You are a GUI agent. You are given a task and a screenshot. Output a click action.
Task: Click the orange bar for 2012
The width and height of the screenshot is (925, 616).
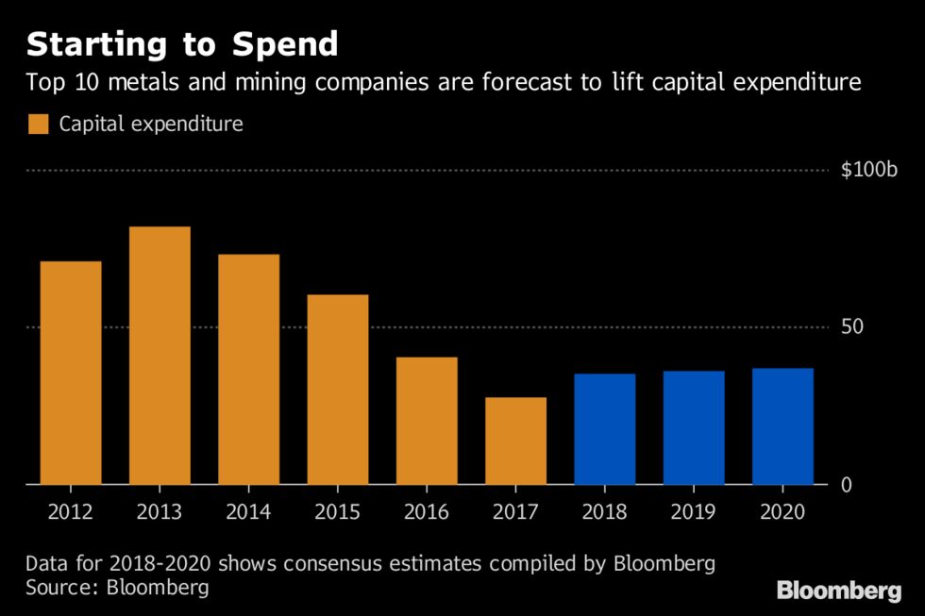tap(71, 373)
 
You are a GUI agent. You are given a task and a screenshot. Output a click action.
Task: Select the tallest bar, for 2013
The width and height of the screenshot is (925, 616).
tap(160, 356)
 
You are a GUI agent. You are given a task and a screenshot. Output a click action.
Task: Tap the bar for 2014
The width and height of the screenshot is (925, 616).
tap(248, 369)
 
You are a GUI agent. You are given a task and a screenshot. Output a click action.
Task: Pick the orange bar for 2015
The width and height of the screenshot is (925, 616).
tap(338, 390)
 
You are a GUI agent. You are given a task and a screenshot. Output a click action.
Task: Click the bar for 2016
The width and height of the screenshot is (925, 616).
tap(427, 421)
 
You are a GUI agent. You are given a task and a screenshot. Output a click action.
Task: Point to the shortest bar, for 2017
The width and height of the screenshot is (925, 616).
tap(515, 441)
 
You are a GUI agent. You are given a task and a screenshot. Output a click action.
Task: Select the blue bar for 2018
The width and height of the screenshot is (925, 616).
tap(604, 429)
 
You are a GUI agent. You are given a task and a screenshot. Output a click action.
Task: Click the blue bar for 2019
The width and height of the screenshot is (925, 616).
tap(694, 427)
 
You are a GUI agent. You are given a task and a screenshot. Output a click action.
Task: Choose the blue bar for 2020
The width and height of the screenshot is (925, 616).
tap(782, 426)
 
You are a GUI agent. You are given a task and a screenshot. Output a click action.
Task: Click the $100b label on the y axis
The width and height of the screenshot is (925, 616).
tap(869, 170)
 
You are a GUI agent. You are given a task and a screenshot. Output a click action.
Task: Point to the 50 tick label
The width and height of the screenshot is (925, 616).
tap(851, 327)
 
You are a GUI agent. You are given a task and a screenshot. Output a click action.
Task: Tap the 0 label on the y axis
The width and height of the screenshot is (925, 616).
tap(847, 485)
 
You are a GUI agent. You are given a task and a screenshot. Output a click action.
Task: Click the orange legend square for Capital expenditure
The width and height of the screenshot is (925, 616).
tap(39, 124)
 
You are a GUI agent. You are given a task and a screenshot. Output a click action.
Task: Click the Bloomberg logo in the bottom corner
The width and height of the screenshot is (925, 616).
tap(838, 591)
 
